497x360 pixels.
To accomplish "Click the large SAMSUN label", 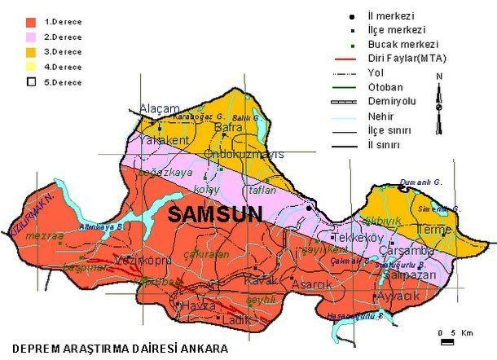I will click(216, 215).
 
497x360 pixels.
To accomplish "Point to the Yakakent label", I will click(162, 141).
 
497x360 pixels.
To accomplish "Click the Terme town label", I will click(433, 230).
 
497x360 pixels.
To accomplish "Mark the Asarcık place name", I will click(313, 285).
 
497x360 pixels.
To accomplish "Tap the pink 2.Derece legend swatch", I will click(33, 37).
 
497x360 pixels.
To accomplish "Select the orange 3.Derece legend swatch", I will click(33, 52).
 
